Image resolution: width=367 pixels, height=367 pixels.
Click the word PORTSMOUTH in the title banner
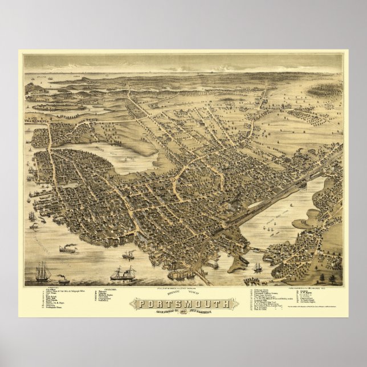pos(183,303)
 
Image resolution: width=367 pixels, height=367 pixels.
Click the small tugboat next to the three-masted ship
pos(62,280)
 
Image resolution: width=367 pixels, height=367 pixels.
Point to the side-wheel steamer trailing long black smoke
pos(68,248)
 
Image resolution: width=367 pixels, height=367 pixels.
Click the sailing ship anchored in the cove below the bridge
pos(257,267)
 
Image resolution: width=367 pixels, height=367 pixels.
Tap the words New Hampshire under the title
pos(211,312)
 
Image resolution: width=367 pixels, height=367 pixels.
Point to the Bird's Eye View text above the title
pos(183,295)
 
